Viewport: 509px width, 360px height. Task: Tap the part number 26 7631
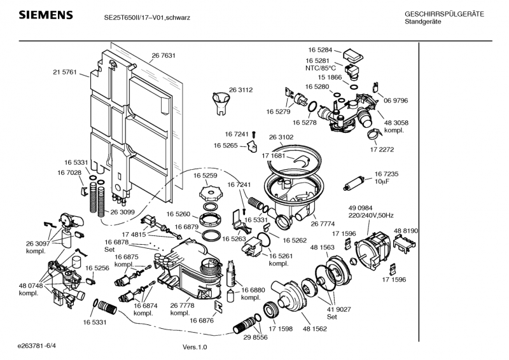point(164,56)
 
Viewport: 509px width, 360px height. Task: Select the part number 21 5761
point(64,73)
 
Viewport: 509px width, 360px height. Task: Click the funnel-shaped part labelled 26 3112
point(220,102)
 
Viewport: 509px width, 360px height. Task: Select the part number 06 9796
point(395,100)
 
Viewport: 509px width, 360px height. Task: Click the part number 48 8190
point(406,230)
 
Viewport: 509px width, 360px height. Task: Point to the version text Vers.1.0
point(195,347)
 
